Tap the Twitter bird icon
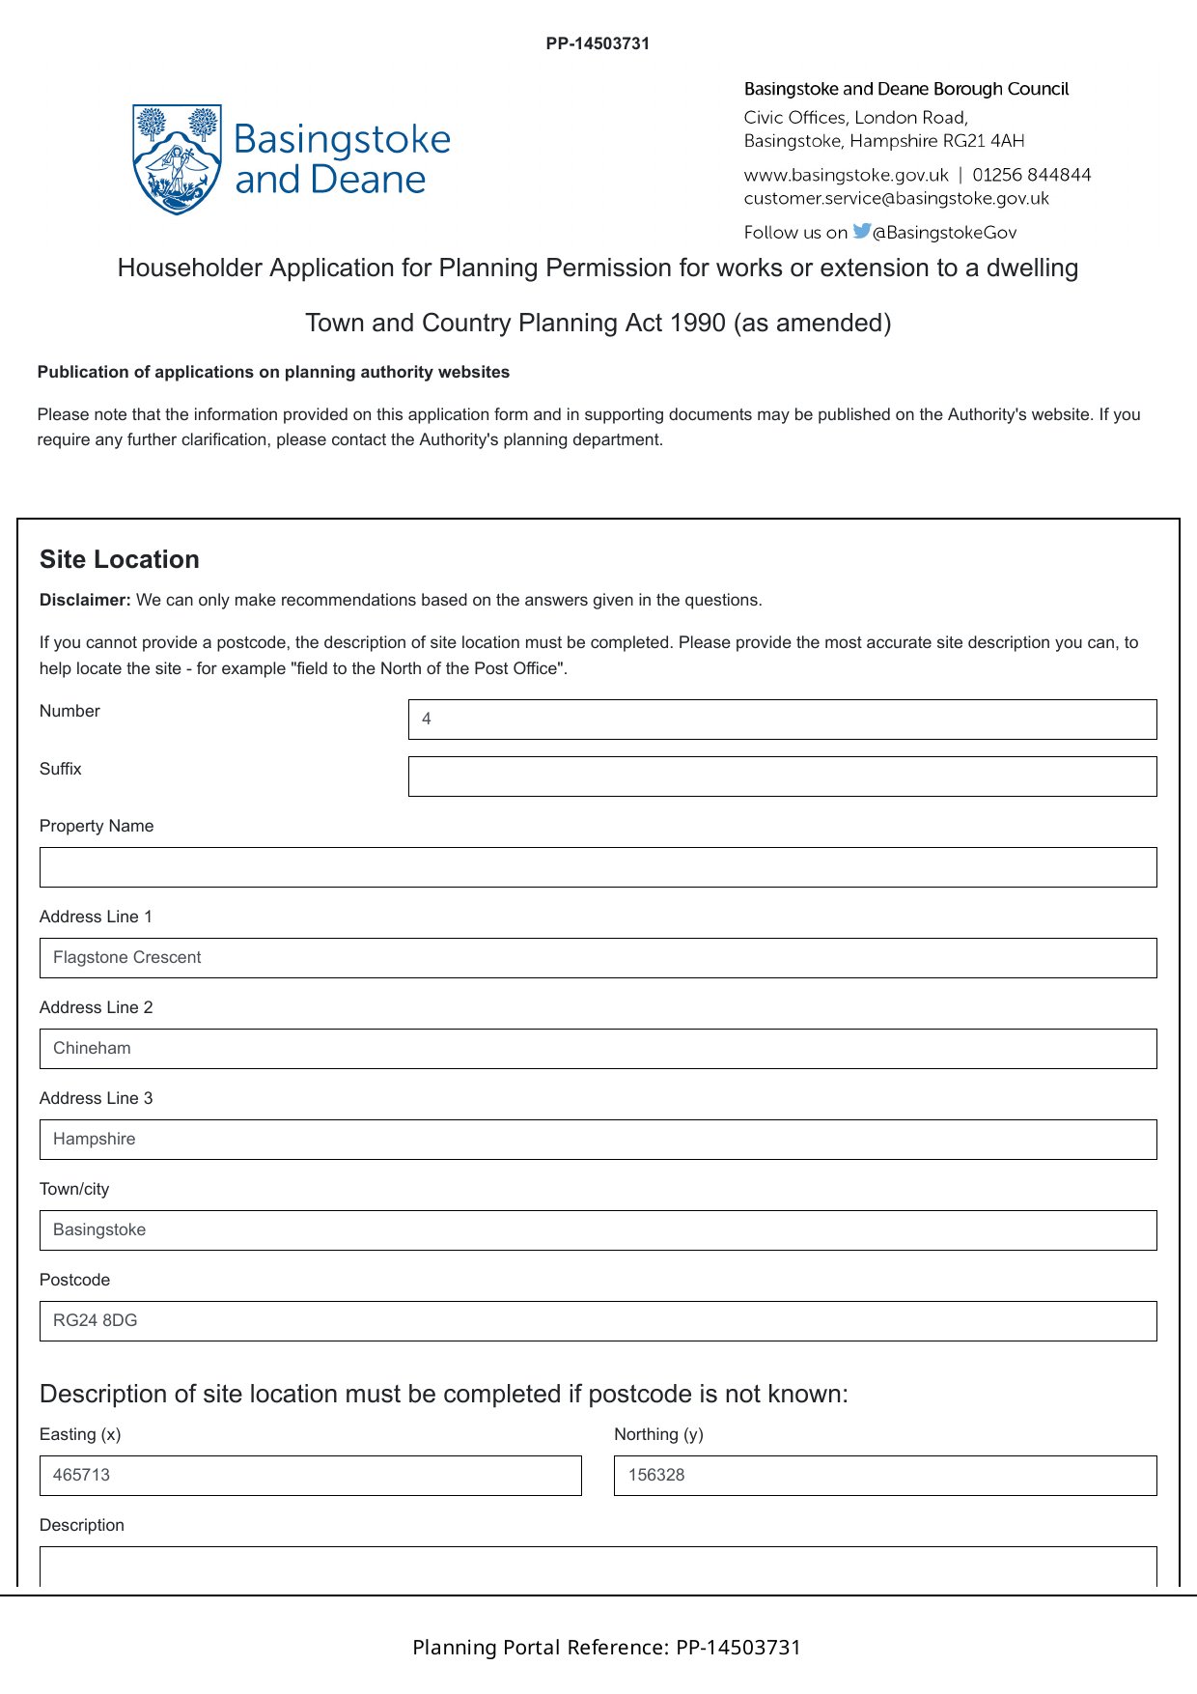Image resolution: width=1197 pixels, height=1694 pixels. coord(861,231)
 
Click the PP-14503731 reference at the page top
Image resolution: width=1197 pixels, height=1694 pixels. coord(598,43)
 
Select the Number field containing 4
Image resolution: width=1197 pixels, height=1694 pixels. coord(782,720)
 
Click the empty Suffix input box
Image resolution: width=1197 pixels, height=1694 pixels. coord(782,776)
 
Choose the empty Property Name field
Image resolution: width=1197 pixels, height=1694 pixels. coord(598,867)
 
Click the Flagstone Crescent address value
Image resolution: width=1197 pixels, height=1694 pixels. coord(127,958)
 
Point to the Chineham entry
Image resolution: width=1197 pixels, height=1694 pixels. coord(93,1049)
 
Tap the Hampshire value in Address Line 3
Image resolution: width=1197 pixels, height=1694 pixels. coord(95,1140)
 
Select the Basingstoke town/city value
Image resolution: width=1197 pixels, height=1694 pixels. coord(100,1230)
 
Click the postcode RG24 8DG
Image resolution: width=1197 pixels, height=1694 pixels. coord(96,1321)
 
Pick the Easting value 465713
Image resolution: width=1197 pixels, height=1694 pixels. coord(82,1476)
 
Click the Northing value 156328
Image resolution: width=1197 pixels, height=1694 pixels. coord(656,1476)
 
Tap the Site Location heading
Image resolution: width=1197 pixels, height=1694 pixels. coord(120,560)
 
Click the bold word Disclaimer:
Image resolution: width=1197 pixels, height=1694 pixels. coord(85,601)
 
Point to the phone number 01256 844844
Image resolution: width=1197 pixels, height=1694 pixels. coord(1031,175)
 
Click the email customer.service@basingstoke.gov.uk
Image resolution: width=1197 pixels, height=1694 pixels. coord(896,199)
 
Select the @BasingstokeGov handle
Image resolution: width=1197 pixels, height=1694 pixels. coord(944,233)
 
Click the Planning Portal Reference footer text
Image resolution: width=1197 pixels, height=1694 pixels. coord(606,1648)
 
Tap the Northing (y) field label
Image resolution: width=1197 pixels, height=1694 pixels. coord(658,1435)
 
